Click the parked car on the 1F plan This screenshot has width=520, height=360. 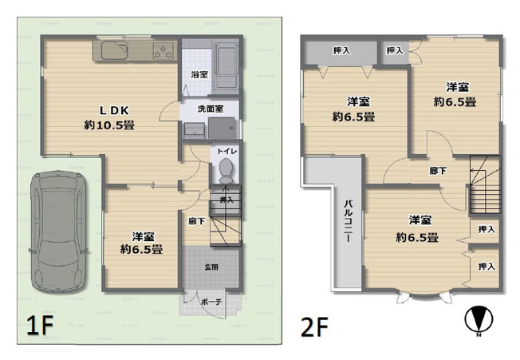tap(57, 231)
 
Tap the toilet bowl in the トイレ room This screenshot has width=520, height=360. tap(226, 168)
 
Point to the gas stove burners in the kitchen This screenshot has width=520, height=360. tap(163, 52)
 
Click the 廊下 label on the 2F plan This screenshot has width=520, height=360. tap(437, 170)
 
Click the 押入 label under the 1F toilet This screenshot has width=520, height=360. tap(227, 200)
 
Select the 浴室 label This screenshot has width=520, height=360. tap(199, 74)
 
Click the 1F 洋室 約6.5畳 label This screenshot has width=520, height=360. tap(142, 243)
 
